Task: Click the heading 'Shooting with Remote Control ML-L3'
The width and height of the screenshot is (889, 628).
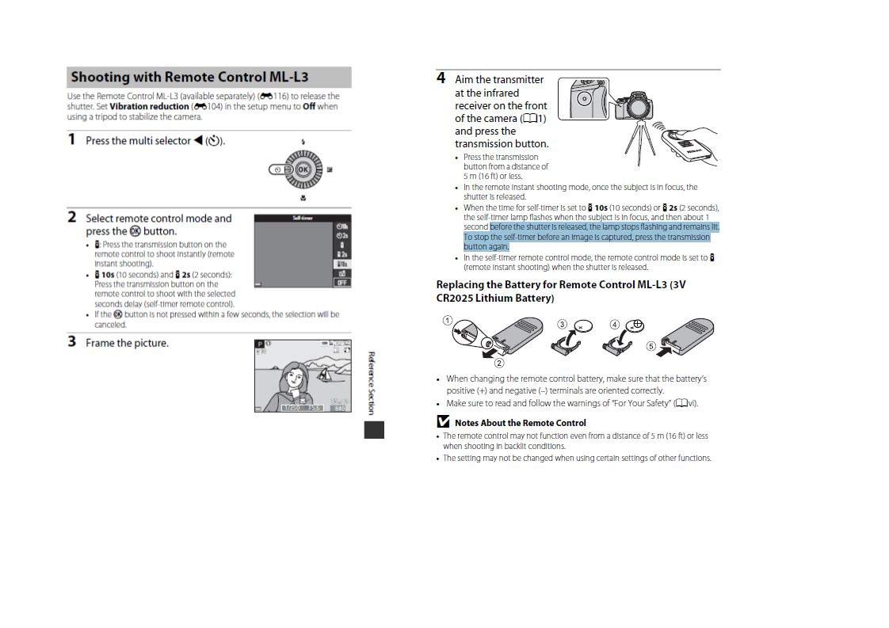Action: click(189, 77)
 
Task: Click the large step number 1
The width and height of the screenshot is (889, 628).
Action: click(71, 139)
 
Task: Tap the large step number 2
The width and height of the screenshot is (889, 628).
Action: click(71, 217)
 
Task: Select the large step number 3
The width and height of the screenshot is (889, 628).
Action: click(71, 342)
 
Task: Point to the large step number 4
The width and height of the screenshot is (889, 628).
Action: click(441, 78)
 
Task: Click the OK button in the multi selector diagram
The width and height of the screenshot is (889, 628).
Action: click(303, 169)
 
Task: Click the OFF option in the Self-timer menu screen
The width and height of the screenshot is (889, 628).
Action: click(341, 282)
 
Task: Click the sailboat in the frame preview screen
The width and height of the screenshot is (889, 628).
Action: click(324, 373)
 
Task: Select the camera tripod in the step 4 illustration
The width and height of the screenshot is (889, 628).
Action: click(640, 142)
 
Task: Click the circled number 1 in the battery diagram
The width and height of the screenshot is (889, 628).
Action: click(448, 321)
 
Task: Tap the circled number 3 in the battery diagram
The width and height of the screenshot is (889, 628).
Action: click(562, 324)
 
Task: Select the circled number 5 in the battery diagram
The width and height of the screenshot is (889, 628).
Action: click(651, 346)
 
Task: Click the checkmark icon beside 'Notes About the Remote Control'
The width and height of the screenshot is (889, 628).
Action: click(444, 421)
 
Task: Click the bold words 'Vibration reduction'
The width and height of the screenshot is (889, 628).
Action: click(149, 107)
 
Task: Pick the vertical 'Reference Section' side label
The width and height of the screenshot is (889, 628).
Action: click(372, 383)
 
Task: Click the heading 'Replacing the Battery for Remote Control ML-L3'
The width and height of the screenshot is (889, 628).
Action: click(561, 291)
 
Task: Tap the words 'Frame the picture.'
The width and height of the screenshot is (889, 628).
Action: click(127, 343)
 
